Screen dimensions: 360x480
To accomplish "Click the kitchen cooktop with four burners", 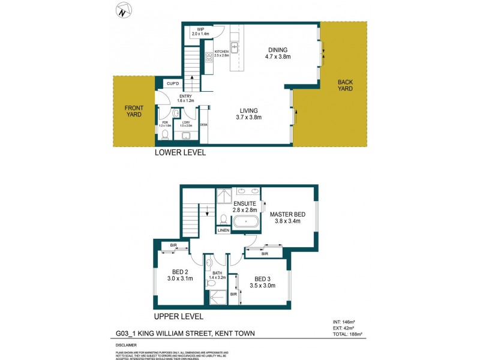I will click(x=209, y=59).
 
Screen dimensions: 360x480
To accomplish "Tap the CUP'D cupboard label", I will click(x=173, y=83).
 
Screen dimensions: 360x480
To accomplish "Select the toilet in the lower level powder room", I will click(x=165, y=133).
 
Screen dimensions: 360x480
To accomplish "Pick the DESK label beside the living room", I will click(x=204, y=125).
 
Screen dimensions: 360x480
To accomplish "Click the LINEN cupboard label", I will click(x=223, y=230).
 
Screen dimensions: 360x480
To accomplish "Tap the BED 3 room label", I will click(x=265, y=278).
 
